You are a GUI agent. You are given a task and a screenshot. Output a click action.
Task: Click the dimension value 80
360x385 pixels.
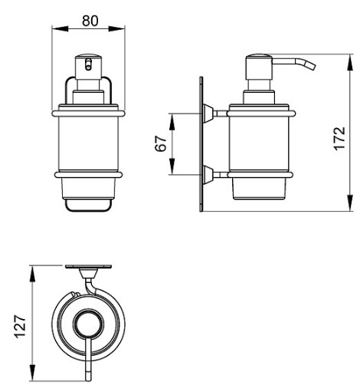pos(90,21)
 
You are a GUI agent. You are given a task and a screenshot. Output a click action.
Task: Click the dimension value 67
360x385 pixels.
pos(161,143)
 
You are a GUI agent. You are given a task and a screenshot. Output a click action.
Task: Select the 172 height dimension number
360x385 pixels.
pos(340,138)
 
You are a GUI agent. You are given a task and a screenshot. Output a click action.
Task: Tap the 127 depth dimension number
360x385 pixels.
pos(20,327)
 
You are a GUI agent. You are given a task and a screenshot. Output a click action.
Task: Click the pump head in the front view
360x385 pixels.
pos(88,67)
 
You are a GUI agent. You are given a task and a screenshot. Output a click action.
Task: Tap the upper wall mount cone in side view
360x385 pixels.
pos(208,114)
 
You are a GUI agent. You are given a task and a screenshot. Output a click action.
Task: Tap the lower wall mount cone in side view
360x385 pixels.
pos(208,175)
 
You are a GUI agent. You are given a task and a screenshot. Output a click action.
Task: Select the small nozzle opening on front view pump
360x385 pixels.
pos(88,64)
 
